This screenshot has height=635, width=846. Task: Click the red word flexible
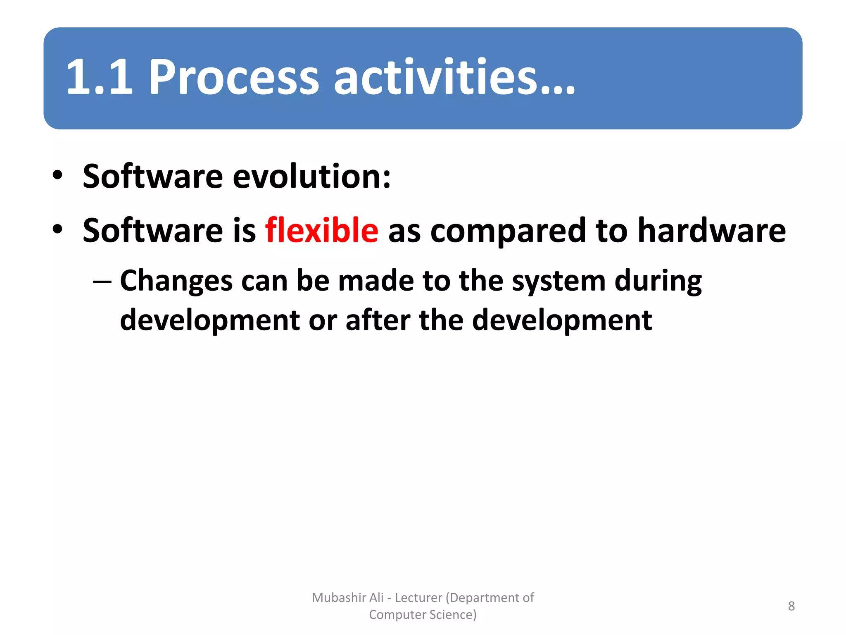(x=321, y=230)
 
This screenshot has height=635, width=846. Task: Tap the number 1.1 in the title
(x=99, y=77)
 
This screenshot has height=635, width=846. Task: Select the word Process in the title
(x=233, y=77)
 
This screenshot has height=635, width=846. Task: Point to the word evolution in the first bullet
(x=311, y=177)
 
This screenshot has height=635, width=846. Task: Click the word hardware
(x=711, y=230)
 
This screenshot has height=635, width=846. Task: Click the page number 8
(x=791, y=606)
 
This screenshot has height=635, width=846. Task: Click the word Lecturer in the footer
(x=418, y=598)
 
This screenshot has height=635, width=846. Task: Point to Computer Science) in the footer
(x=423, y=615)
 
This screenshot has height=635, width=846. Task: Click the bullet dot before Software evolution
(x=57, y=176)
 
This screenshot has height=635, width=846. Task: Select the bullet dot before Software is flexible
(x=57, y=229)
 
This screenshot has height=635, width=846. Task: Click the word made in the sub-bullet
(x=376, y=281)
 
